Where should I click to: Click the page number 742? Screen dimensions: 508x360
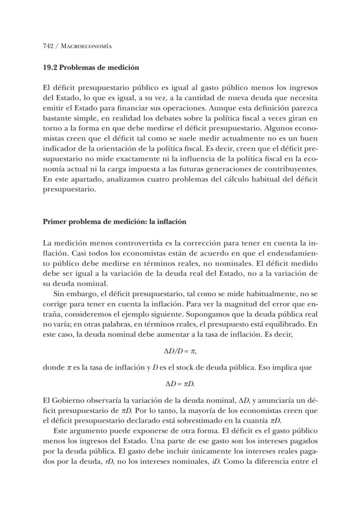[48, 46]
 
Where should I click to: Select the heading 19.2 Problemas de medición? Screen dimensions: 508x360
[91, 67]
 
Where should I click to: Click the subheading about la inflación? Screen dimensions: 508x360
[114, 221]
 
